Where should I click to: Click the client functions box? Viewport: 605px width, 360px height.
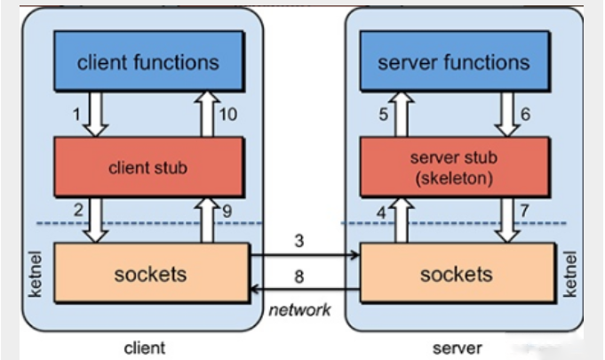149,61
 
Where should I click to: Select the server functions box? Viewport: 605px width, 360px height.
455,61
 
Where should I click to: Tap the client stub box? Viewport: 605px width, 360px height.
149,167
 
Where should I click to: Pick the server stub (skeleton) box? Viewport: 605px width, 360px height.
455,167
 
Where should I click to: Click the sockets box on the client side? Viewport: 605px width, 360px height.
152,273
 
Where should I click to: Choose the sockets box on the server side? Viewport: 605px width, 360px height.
458,273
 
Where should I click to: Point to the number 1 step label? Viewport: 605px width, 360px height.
76,114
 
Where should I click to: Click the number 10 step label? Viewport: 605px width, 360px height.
228,115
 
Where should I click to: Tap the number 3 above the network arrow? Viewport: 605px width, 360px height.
299,241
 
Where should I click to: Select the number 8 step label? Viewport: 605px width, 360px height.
299,276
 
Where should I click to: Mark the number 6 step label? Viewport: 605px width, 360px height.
525,114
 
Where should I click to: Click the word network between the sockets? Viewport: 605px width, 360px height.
299,310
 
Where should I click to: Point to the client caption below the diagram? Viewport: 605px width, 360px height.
145,348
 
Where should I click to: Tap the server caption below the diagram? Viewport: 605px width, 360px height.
458,348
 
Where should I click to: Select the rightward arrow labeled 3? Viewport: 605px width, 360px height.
305,254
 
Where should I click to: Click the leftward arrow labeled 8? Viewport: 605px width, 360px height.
305,289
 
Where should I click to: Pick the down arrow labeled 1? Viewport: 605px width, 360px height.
96,114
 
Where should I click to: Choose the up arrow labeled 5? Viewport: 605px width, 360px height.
402,114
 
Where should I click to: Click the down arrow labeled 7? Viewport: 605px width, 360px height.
507,220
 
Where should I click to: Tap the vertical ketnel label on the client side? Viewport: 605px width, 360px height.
36,274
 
